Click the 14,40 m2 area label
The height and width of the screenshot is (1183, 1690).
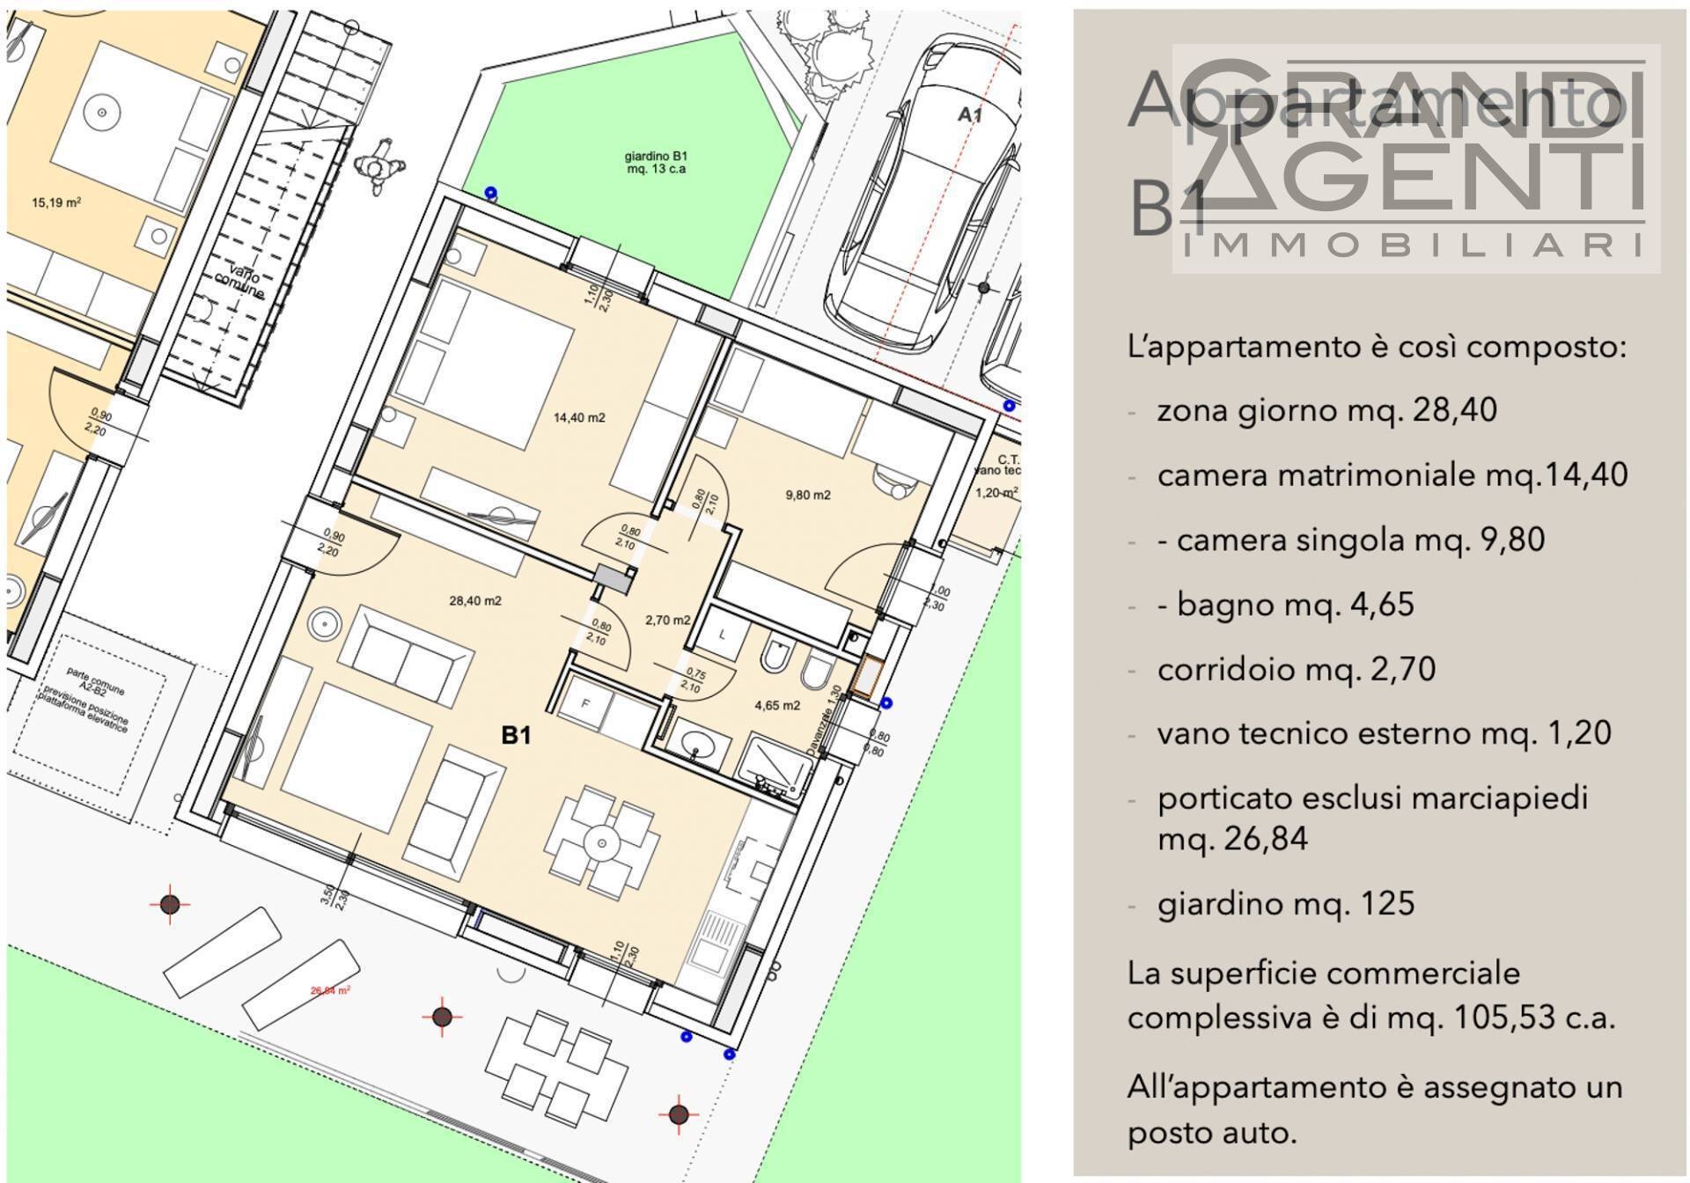point(578,418)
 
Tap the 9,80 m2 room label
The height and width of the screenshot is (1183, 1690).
point(807,495)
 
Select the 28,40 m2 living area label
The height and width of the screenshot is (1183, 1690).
point(474,601)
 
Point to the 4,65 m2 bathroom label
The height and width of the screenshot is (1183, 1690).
point(777,705)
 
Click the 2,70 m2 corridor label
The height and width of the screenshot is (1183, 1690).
point(667,620)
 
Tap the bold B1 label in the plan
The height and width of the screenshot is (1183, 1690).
point(516,735)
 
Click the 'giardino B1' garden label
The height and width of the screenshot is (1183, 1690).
point(656,163)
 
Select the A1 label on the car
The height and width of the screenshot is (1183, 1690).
point(969,114)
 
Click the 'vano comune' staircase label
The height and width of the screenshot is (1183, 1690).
point(239,281)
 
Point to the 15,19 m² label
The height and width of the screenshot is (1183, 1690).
point(56,202)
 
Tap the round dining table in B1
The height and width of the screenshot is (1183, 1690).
point(602,843)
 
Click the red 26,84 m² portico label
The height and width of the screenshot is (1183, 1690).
point(330,990)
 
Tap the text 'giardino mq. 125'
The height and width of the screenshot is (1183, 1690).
point(1285,904)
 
